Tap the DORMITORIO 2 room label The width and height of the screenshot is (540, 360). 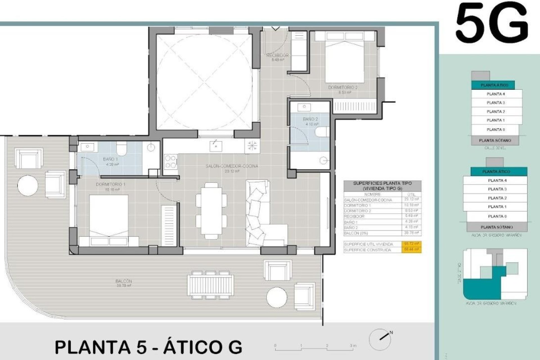coord(343,88)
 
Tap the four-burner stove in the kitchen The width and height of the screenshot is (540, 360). coord(170,161)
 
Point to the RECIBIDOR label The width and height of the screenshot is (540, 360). coord(278,55)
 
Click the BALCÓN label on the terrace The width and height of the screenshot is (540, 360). coord(123,281)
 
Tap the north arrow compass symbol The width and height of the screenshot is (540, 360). coord(380,339)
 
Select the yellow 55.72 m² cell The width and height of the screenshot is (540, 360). coord(411,244)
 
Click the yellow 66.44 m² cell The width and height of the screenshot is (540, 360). coord(411,250)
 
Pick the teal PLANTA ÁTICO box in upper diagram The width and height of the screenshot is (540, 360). coord(494,85)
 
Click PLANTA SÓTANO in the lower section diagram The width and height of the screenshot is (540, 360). coord(497,227)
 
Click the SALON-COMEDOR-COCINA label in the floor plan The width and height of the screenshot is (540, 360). coord(232,166)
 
